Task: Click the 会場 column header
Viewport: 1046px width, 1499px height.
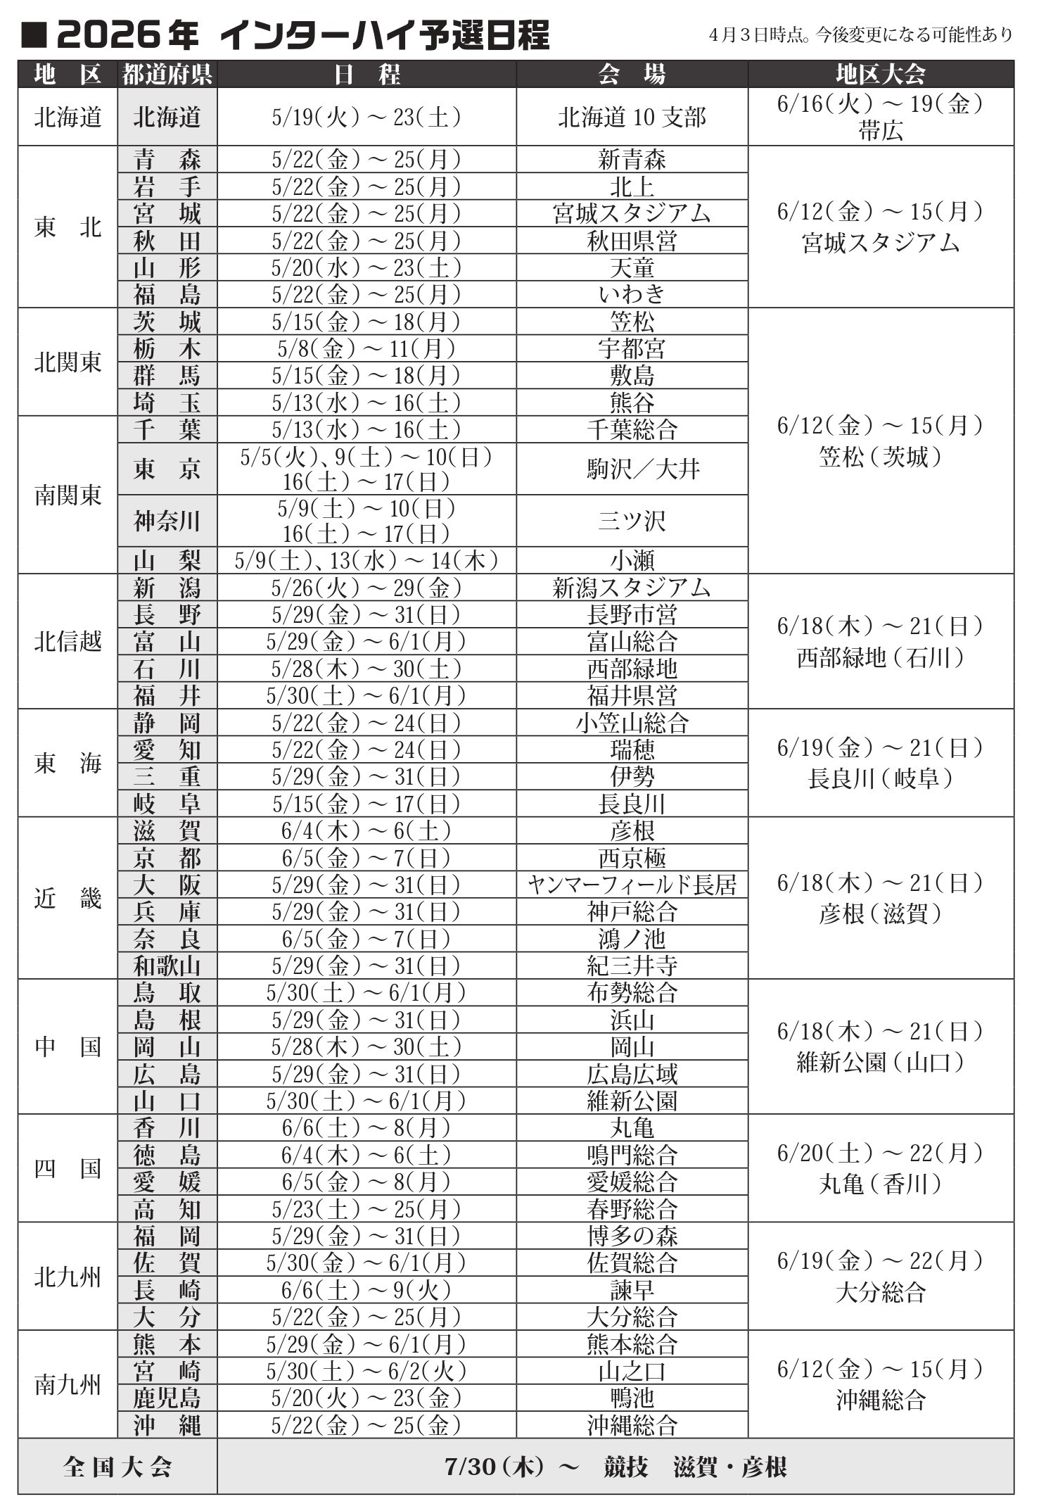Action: pyautogui.click(x=631, y=74)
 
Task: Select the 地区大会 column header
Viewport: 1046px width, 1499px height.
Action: pyautogui.click(x=880, y=74)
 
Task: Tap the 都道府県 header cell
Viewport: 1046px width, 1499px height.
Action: pyautogui.click(x=167, y=74)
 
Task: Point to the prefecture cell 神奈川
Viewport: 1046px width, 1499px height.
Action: pyautogui.click(x=167, y=521)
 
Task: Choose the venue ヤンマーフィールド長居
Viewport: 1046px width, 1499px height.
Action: pyautogui.click(x=632, y=885)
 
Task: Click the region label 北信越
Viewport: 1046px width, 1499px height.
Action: pyautogui.click(x=68, y=641)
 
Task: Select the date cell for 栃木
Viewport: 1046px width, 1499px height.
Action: pyautogui.click(x=366, y=348)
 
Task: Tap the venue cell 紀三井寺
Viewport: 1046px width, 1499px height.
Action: pyautogui.click(x=632, y=966)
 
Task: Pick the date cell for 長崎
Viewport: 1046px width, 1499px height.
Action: pyautogui.click(x=366, y=1290)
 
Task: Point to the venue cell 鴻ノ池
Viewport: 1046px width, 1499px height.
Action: pyautogui.click(x=632, y=939)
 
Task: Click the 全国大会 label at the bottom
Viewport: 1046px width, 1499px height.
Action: pyautogui.click(x=117, y=1467)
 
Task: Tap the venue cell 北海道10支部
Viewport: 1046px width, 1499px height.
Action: pyautogui.click(x=632, y=118)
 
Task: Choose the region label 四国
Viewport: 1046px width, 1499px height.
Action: pyautogui.click(x=68, y=1168)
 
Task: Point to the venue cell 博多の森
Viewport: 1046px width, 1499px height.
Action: pyautogui.click(x=632, y=1236)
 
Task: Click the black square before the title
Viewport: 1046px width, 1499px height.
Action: pyautogui.click(x=33, y=35)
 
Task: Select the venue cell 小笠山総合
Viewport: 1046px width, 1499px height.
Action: pyautogui.click(x=632, y=723)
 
